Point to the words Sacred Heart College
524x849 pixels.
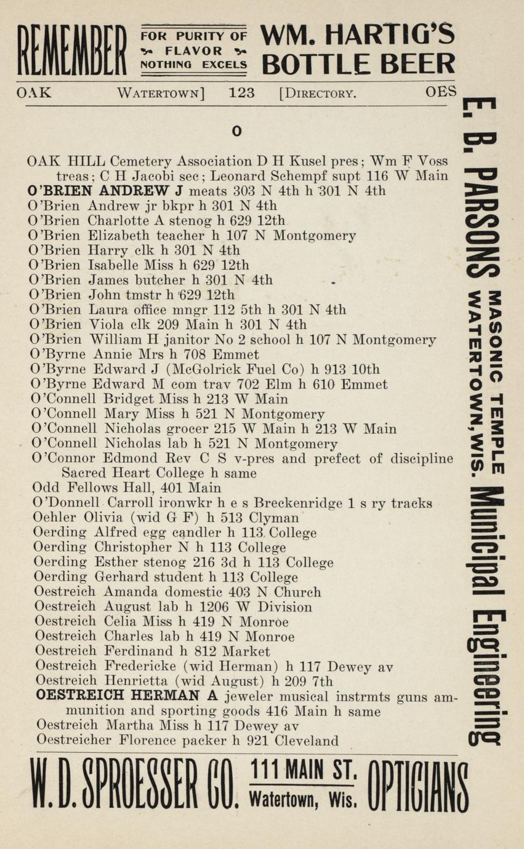[x=133, y=473]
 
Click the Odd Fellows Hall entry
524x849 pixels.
[x=126, y=488]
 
